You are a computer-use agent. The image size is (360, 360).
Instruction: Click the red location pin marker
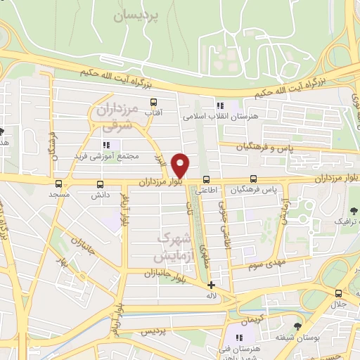181,165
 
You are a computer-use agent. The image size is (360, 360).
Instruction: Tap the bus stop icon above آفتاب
153,102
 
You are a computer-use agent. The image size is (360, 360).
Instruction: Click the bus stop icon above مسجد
58,183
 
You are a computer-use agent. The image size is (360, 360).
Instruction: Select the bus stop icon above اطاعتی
206,179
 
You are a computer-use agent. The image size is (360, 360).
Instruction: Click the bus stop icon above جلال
339,293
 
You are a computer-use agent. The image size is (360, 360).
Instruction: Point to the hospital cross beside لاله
212,285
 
